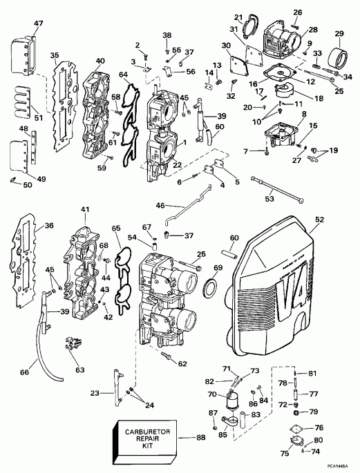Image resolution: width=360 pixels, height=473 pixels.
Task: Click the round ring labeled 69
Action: pos(214,284)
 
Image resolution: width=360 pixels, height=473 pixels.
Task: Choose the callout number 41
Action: pos(85,209)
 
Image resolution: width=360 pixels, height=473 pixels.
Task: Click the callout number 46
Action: pos(160,206)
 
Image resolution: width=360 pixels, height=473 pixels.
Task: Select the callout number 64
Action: pos(123,75)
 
